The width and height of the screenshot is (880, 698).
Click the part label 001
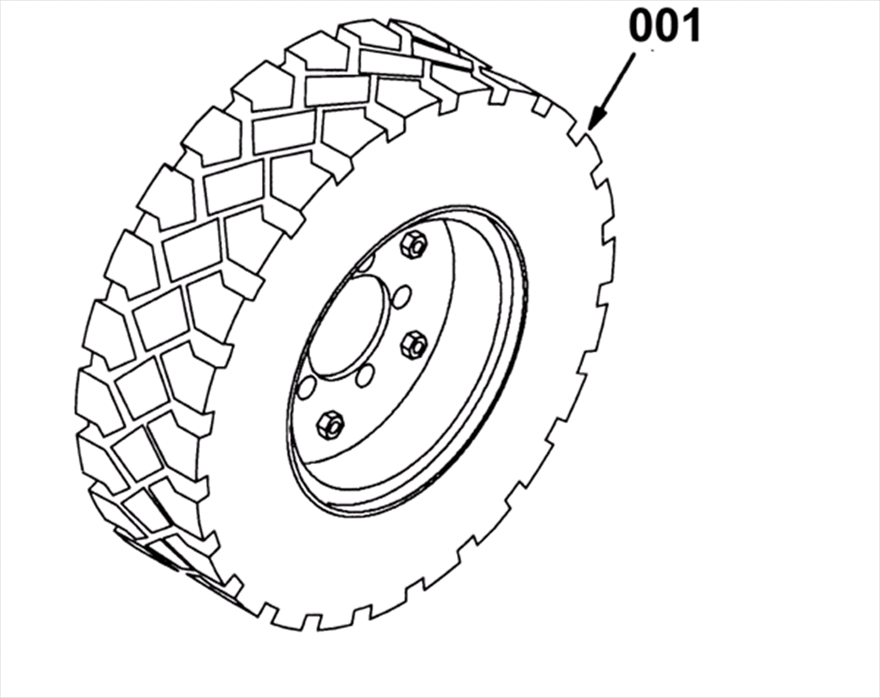tap(664, 26)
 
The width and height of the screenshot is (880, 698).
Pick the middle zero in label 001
tap(665, 26)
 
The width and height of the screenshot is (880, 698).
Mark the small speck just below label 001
tap(652, 51)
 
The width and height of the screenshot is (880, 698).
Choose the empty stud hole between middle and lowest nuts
tap(364, 377)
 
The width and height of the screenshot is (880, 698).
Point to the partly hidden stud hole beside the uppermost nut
tap(367, 263)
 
